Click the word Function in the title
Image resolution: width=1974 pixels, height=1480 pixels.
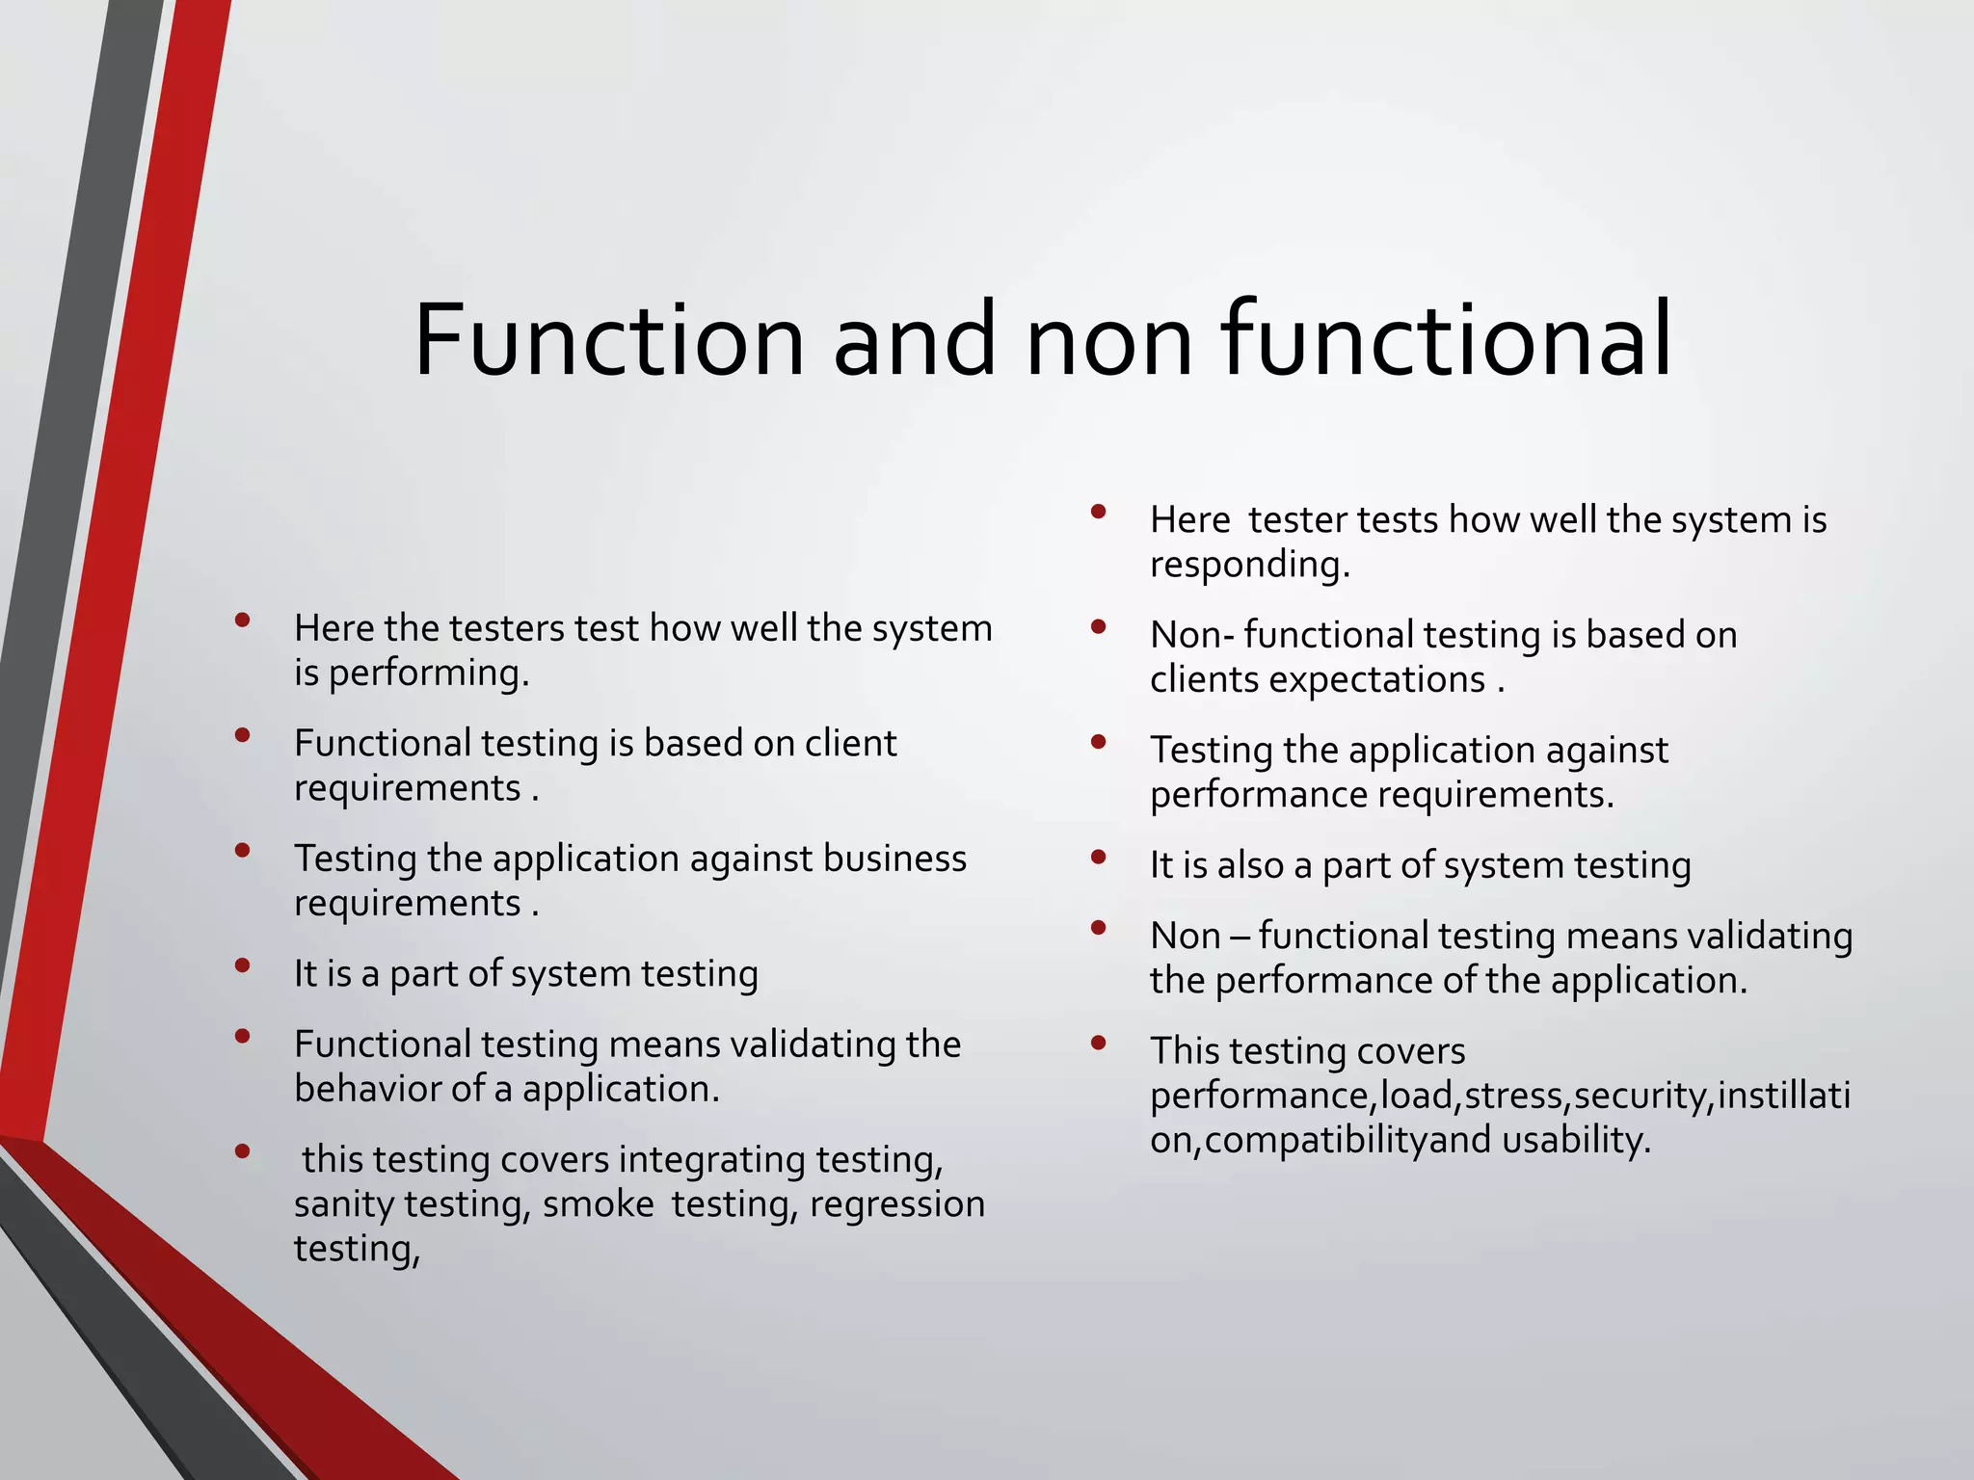coord(608,340)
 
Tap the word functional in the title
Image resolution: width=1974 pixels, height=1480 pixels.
coord(1446,340)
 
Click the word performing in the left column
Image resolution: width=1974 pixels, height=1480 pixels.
coord(428,674)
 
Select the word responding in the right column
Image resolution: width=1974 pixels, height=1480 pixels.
coord(1248,565)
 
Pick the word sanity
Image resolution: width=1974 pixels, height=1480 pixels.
coord(343,1204)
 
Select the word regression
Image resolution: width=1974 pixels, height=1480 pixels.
coord(896,1204)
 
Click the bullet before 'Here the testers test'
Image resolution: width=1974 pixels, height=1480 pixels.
coord(242,620)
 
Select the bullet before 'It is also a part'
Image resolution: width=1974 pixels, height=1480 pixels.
coord(1098,857)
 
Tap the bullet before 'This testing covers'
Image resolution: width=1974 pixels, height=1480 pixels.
coord(1098,1043)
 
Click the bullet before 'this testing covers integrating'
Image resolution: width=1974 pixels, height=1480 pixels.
coord(242,1150)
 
